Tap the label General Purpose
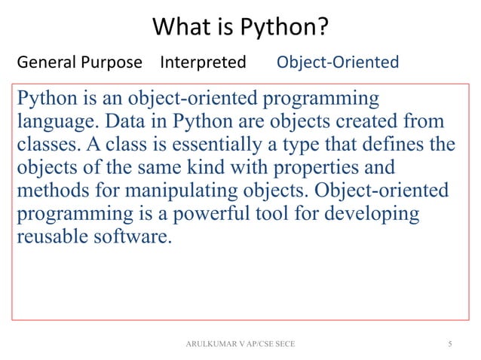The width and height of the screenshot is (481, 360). pos(79,62)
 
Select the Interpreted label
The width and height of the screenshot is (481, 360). pos(203,62)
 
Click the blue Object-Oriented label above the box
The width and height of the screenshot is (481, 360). pos(338,62)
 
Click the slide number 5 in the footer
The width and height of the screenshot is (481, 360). pos(450,344)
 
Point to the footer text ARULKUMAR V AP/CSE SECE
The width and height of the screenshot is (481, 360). pos(240,344)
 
